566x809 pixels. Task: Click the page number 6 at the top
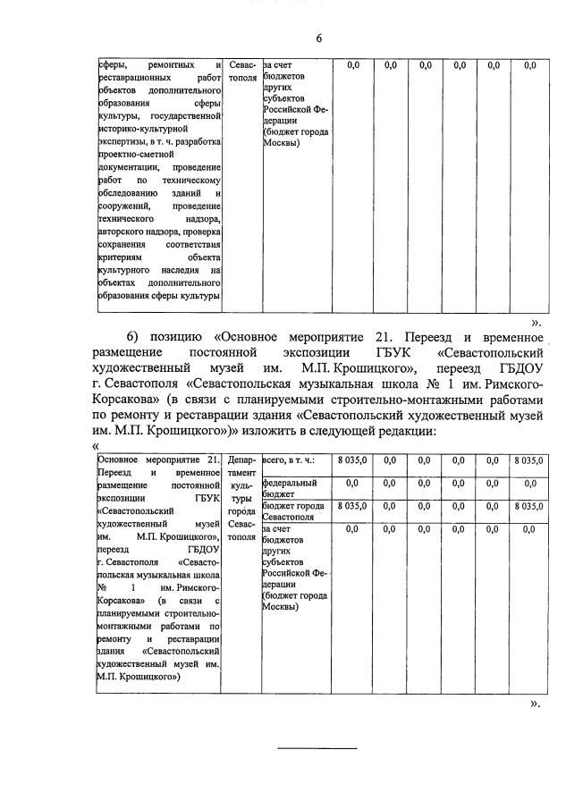point(317,38)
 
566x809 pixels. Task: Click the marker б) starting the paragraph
point(134,336)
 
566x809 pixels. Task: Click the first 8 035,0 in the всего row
point(352,460)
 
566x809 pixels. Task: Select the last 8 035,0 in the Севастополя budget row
point(529,506)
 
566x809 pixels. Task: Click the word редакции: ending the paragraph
point(402,431)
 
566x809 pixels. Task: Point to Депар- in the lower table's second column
point(241,460)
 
